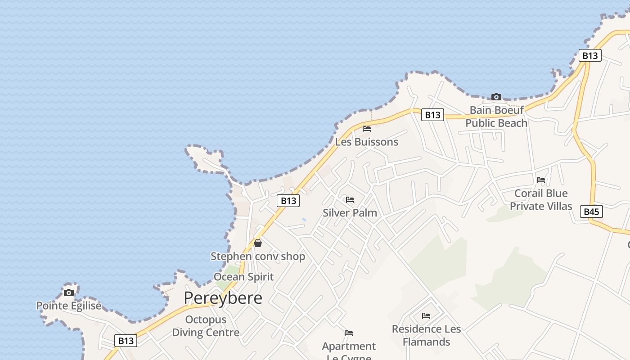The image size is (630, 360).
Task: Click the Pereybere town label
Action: pos(223,298)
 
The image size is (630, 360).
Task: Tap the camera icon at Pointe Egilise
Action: pos(69,293)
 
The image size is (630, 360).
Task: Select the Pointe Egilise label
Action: pos(69,306)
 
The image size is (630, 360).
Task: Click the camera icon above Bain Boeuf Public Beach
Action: pos(496,97)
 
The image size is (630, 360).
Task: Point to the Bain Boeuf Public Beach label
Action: pos(496,117)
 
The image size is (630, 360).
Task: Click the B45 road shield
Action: pos(591,211)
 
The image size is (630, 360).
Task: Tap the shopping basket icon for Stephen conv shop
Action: pos(258,243)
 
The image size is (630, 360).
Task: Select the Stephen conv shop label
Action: pos(258,256)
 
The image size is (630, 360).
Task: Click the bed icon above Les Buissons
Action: pos(367,129)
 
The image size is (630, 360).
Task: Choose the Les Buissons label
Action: pos(367,142)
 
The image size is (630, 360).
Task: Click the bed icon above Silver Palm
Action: pos(350,200)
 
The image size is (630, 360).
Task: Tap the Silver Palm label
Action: pos(350,213)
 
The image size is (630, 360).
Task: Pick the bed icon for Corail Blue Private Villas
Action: pos(541,180)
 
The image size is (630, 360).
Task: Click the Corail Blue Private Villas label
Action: pos(541,200)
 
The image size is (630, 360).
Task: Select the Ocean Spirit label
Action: pos(243,277)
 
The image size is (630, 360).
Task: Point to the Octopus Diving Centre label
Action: pos(206,326)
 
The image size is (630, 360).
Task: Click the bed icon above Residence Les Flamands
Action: pos(426,316)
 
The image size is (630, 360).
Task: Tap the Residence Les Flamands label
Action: pos(426,335)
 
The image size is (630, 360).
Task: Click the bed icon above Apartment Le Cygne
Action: pos(349,333)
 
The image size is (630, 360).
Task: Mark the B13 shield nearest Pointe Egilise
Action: pos(126,341)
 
